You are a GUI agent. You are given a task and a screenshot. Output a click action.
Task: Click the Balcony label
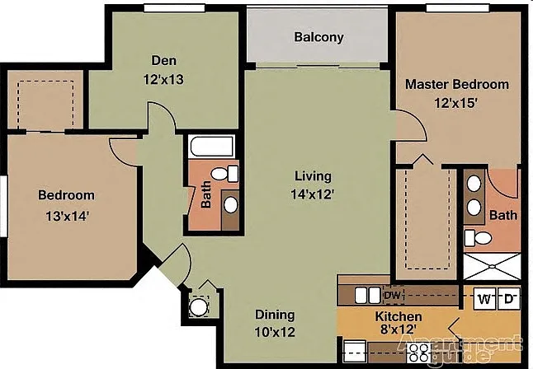coord(318,37)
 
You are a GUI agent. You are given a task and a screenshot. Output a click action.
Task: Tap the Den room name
coord(164,60)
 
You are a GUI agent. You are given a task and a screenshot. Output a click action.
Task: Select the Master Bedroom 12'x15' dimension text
coord(456,103)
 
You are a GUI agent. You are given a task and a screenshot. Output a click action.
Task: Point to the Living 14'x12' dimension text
coord(313,194)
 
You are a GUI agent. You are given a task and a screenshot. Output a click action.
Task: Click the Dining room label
coord(275,315)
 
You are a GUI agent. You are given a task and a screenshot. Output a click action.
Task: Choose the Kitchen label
coord(399,317)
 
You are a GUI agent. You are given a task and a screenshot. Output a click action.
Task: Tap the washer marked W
coord(484,299)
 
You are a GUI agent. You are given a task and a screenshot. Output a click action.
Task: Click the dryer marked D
coord(509,299)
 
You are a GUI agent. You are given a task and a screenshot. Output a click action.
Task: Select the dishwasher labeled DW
coord(394,295)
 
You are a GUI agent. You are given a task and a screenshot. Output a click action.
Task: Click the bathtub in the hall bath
coord(212,147)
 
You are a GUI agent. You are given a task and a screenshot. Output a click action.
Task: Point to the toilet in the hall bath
coord(224,174)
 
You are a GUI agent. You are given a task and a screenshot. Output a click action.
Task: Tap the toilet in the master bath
coord(478,238)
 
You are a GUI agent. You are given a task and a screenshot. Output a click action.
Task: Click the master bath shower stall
coord(492,267)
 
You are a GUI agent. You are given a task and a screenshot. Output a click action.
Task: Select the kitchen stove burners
coord(419,353)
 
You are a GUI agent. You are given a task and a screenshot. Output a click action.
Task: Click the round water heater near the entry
coord(198,306)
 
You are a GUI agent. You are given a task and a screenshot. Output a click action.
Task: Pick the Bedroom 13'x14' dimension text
coord(68,217)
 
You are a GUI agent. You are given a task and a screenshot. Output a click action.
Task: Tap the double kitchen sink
coord(367,296)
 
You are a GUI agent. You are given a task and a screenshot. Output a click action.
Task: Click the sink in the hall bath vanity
coord(231,205)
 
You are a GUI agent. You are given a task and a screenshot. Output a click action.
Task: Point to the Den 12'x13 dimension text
coord(163,79)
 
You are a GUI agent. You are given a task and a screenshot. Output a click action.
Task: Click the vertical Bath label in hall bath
coord(205,194)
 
